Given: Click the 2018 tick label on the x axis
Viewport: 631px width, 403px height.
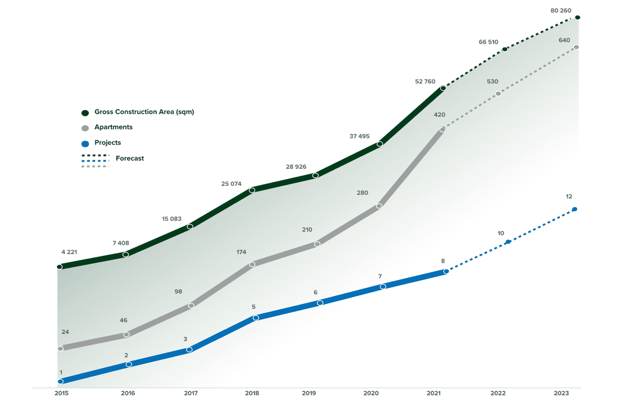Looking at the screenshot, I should pyautogui.click(x=252, y=394).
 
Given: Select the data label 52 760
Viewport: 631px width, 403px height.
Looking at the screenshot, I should pyautogui.click(x=425, y=82).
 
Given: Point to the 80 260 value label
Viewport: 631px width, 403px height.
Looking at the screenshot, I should pyautogui.click(x=561, y=10).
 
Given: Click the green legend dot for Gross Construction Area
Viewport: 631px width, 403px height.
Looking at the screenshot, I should pyautogui.click(x=85, y=113).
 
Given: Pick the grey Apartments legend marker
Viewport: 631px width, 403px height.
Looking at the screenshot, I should pyautogui.click(x=85, y=128).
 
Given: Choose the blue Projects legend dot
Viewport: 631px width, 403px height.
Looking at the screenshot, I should pyautogui.click(x=85, y=144).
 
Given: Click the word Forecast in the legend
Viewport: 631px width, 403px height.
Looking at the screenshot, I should pyautogui.click(x=130, y=158).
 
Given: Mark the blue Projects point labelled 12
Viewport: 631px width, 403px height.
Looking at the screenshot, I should pyautogui.click(x=575, y=209).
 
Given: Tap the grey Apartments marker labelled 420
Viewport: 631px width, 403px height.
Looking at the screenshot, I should pyautogui.click(x=443, y=130).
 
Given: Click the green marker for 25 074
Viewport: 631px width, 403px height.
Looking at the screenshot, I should pyautogui.click(x=252, y=190).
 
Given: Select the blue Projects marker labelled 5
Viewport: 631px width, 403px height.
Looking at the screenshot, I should pyautogui.click(x=256, y=318).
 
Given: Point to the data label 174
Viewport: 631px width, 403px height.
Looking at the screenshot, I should pyautogui.click(x=241, y=252).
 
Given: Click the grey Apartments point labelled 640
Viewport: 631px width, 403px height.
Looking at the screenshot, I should pyautogui.click(x=576, y=47).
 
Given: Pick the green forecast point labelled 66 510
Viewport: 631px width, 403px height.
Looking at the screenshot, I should pyautogui.click(x=505, y=49).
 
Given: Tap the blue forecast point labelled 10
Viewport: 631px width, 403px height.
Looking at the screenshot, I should pyautogui.click(x=508, y=242).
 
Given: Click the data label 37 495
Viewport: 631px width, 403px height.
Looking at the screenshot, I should pyautogui.click(x=359, y=136).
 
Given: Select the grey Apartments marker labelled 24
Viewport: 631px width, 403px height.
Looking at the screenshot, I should pyautogui.click(x=60, y=349).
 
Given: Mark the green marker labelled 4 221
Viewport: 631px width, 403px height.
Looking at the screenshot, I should pyautogui.click(x=60, y=267).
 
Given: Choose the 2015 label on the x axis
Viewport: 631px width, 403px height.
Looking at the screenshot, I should pyautogui.click(x=61, y=394).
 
